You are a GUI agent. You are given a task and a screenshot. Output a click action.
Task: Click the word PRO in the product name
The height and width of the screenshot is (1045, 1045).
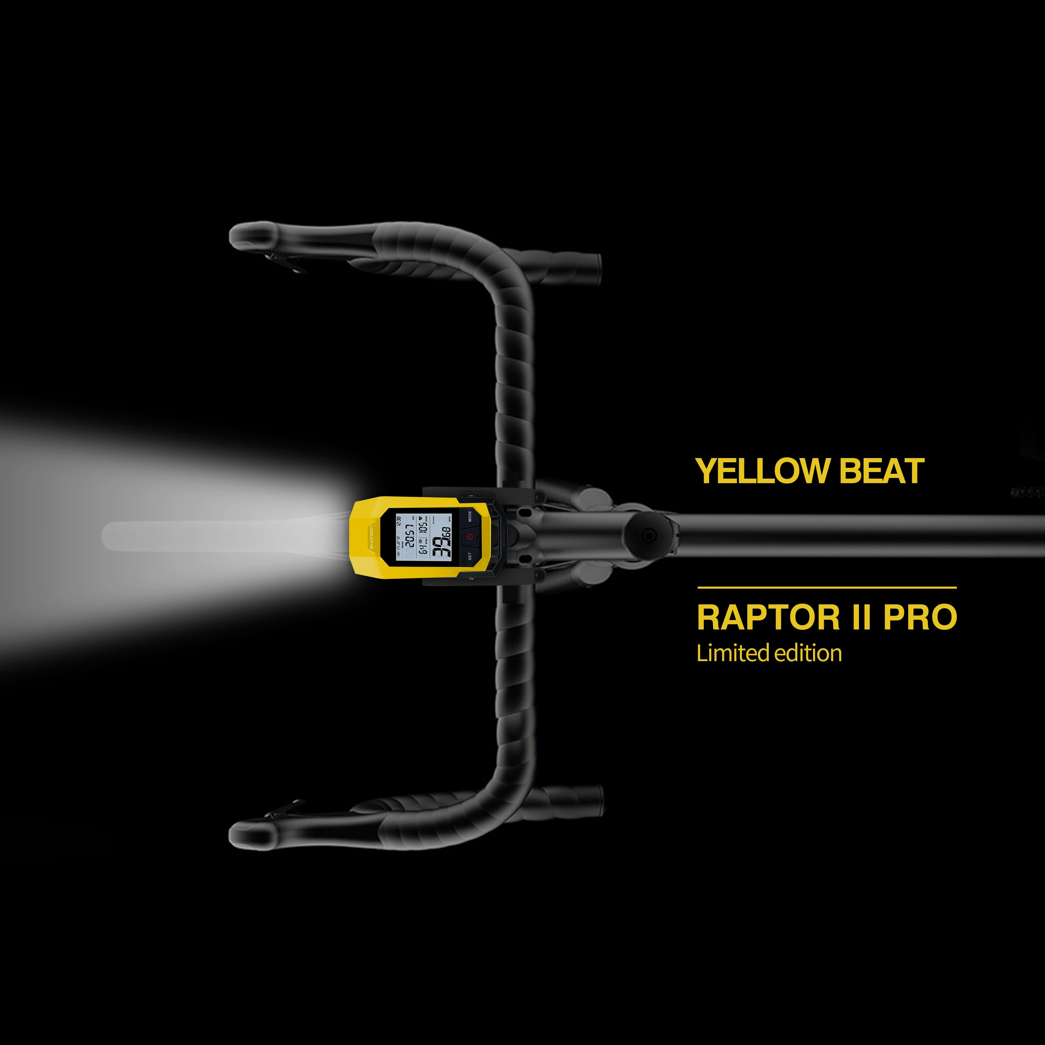[x=920, y=617]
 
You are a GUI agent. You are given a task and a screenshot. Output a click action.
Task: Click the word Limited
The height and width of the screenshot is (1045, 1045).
[x=733, y=654]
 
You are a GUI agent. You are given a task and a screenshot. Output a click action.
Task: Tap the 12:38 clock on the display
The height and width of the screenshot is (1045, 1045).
[x=398, y=523]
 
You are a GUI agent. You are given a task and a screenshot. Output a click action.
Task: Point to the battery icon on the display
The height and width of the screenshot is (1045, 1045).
[x=398, y=555]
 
